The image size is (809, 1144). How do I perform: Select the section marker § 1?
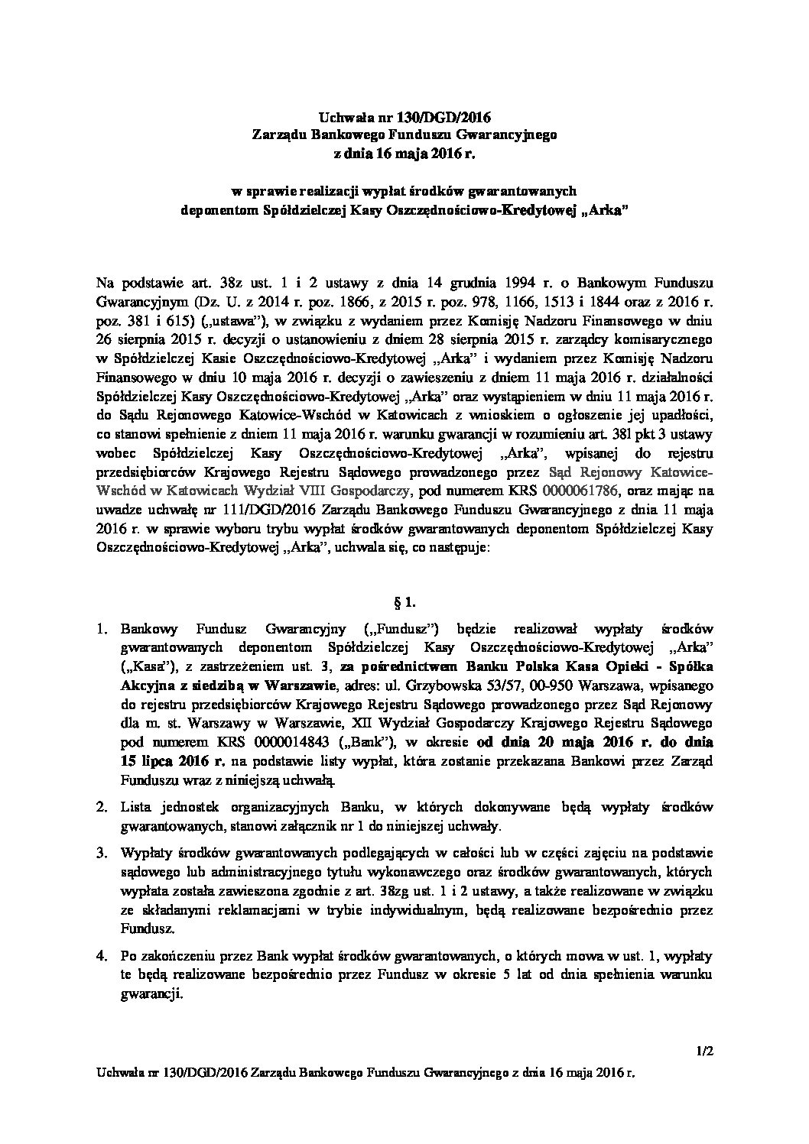404,602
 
